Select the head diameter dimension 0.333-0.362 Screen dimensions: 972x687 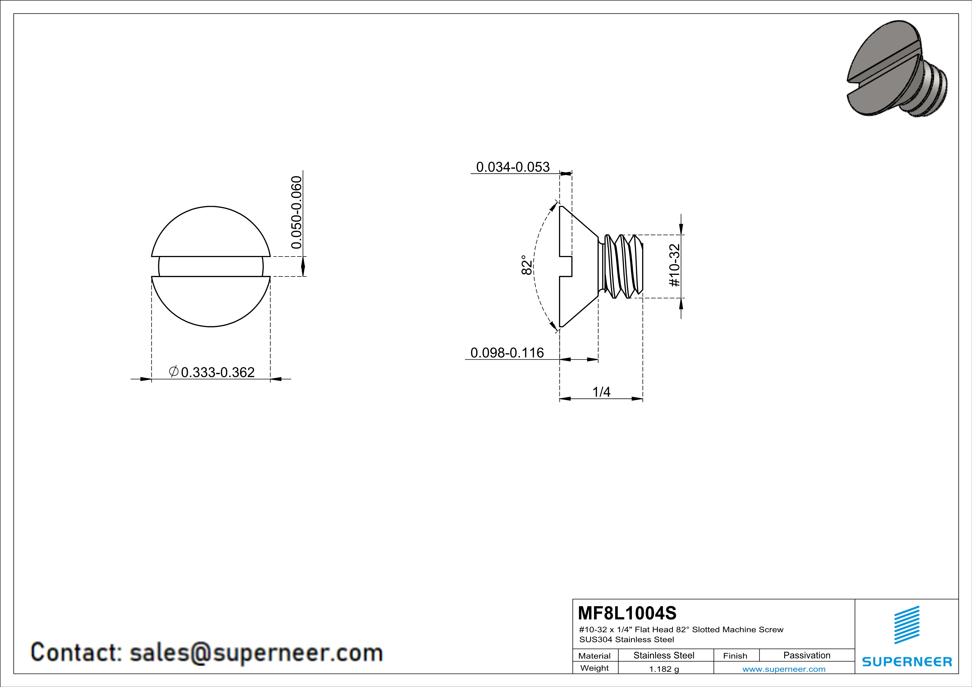[x=218, y=372]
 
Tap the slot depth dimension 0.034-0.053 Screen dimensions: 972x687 [x=513, y=167]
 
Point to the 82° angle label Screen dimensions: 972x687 [x=526, y=265]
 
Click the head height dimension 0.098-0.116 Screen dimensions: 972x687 [x=507, y=353]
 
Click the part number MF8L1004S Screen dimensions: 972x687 [x=627, y=613]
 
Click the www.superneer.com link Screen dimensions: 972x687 [x=784, y=669]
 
